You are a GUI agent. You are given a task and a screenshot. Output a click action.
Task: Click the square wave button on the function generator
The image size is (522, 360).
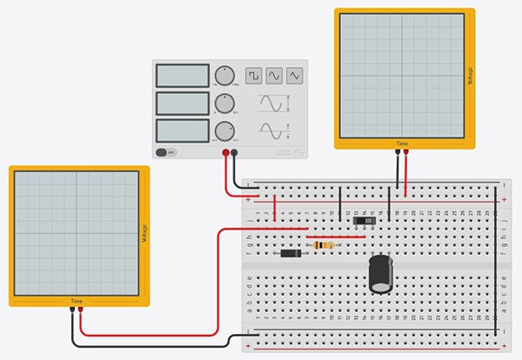pyautogui.click(x=253, y=77)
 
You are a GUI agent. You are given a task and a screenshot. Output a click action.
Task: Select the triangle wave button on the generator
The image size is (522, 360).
pyautogui.click(x=295, y=77)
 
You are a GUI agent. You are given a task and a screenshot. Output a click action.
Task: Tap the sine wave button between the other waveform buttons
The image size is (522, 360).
pyautogui.click(x=274, y=77)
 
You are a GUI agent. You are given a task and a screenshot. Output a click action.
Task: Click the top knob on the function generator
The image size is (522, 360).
pyautogui.click(x=225, y=75)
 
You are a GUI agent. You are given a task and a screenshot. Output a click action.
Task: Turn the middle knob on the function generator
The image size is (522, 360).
pyautogui.click(x=225, y=103)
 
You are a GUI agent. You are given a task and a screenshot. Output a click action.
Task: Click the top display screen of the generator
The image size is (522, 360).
pyautogui.click(x=183, y=76)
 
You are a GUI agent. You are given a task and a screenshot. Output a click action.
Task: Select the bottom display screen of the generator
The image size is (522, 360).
pyautogui.click(x=183, y=131)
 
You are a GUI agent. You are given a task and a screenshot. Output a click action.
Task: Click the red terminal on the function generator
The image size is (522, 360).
pyautogui.click(x=226, y=152)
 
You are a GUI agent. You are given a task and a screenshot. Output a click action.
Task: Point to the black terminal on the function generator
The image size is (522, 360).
pyautogui.click(x=235, y=152)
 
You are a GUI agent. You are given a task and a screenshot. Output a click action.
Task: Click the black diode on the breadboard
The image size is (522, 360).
pyautogui.click(x=292, y=253)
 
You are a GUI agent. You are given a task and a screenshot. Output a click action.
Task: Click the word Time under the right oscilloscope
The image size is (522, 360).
pyautogui.click(x=402, y=143)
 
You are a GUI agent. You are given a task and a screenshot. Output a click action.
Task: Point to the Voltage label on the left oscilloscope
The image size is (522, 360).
pyautogui.click(x=143, y=235)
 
